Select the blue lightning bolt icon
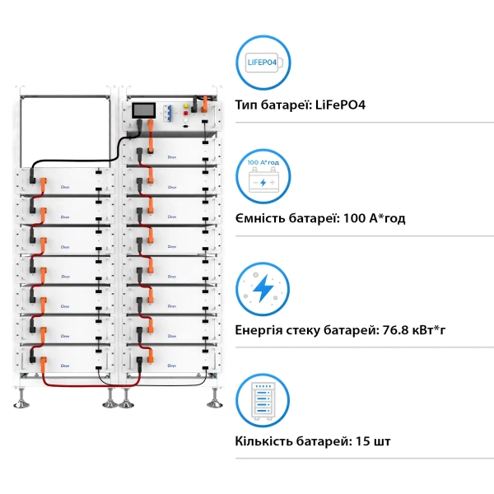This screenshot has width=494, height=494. [x=263, y=289]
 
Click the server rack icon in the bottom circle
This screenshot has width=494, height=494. [x=263, y=400]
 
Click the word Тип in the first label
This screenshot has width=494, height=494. [x=246, y=105]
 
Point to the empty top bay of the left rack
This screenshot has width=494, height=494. [x=63, y=132]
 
